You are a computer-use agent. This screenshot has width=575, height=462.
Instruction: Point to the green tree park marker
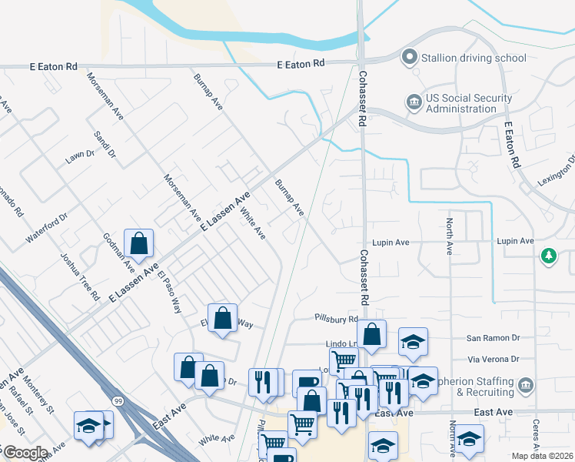[548, 256]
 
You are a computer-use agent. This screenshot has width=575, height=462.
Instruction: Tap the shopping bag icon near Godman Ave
[138, 244]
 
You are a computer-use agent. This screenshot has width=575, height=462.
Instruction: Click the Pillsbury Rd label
[336, 318]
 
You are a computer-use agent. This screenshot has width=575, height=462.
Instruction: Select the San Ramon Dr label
[494, 338]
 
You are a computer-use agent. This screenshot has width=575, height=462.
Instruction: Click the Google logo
[25, 453]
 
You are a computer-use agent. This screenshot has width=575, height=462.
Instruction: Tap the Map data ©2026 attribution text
[543, 456]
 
